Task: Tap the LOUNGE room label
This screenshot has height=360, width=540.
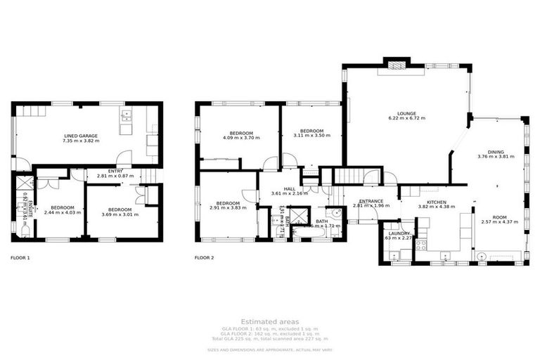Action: (x=407, y=113)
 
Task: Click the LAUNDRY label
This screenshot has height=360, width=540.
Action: (x=399, y=233)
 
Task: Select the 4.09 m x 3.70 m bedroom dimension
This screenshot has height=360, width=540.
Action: (x=239, y=139)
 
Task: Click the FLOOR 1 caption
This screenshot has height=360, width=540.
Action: (x=20, y=258)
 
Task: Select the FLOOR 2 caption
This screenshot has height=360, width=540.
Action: (x=205, y=258)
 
